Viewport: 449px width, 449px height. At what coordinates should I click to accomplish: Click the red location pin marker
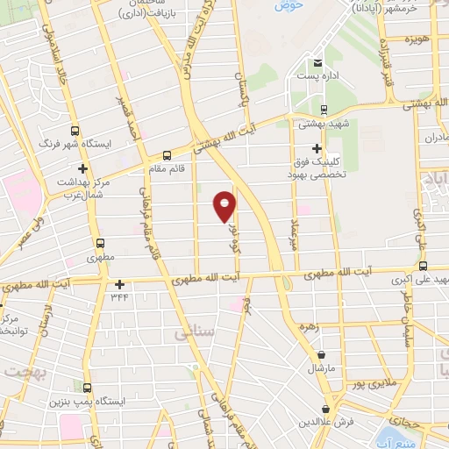coord(225,206)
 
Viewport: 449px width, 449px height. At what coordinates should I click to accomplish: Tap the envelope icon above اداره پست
coord(317,61)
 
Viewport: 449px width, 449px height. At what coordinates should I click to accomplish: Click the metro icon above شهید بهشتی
coord(324,110)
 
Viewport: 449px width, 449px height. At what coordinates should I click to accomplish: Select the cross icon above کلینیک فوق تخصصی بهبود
coord(317,148)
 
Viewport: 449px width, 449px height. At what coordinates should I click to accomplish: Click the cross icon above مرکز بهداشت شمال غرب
coord(82,167)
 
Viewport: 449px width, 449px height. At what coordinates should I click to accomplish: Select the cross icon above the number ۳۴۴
coord(119,284)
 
